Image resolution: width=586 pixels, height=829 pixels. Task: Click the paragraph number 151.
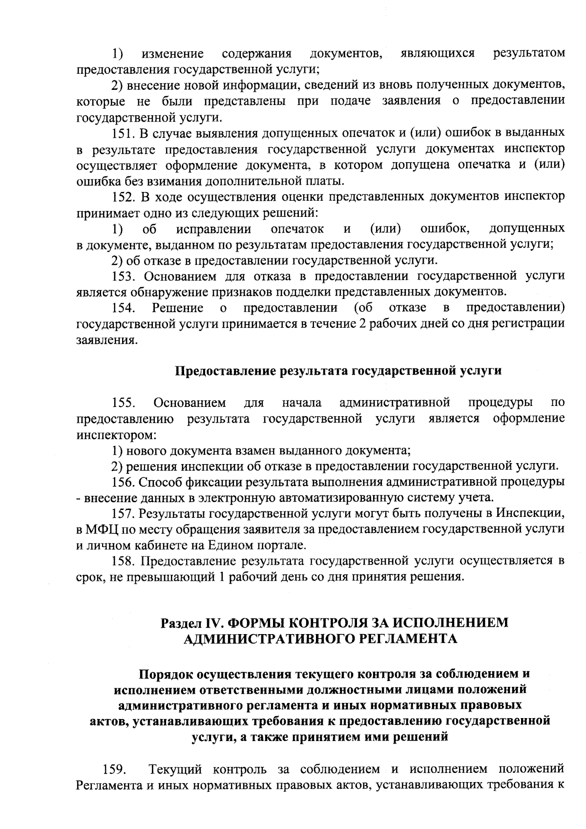[124, 133]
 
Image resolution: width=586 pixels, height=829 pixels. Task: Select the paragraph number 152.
[124, 197]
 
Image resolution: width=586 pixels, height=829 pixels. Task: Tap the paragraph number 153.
[124, 276]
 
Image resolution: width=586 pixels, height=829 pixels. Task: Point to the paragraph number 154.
[124, 308]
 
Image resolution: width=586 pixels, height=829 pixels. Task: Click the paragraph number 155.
[124, 404]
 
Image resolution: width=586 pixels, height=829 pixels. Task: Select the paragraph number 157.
[124, 513]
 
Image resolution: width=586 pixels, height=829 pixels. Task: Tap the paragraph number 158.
[124, 561]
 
